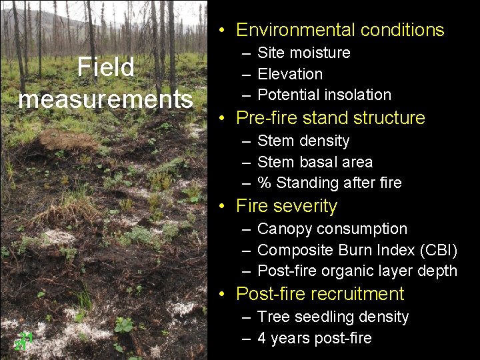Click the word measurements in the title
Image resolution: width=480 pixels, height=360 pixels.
tap(105, 99)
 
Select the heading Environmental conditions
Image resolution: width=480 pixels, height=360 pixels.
tap(340, 30)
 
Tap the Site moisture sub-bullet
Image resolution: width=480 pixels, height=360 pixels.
tap(303, 53)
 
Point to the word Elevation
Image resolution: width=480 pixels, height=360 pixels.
tap(290, 74)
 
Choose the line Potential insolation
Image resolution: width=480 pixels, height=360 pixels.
tap(324, 95)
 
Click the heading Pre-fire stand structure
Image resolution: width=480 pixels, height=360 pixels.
tap(331, 118)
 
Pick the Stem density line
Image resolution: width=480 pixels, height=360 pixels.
tap(303, 141)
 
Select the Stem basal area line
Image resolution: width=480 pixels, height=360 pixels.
tap(315, 162)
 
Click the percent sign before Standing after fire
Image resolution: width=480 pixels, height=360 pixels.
tap(264, 183)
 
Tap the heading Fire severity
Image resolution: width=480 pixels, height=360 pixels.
tap(287, 206)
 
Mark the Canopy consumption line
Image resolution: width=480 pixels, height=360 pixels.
tap(332, 229)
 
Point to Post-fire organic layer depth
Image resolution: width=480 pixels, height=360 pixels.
tap(357, 271)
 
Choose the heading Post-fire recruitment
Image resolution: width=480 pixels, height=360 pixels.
tap(320, 294)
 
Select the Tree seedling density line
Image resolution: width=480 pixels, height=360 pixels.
tap(333, 317)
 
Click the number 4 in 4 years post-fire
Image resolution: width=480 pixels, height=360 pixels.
tap(262, 338)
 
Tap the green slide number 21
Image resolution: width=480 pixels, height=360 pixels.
tap(24, 341)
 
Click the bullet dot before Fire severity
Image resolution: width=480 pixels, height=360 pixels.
tap(223, 207)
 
